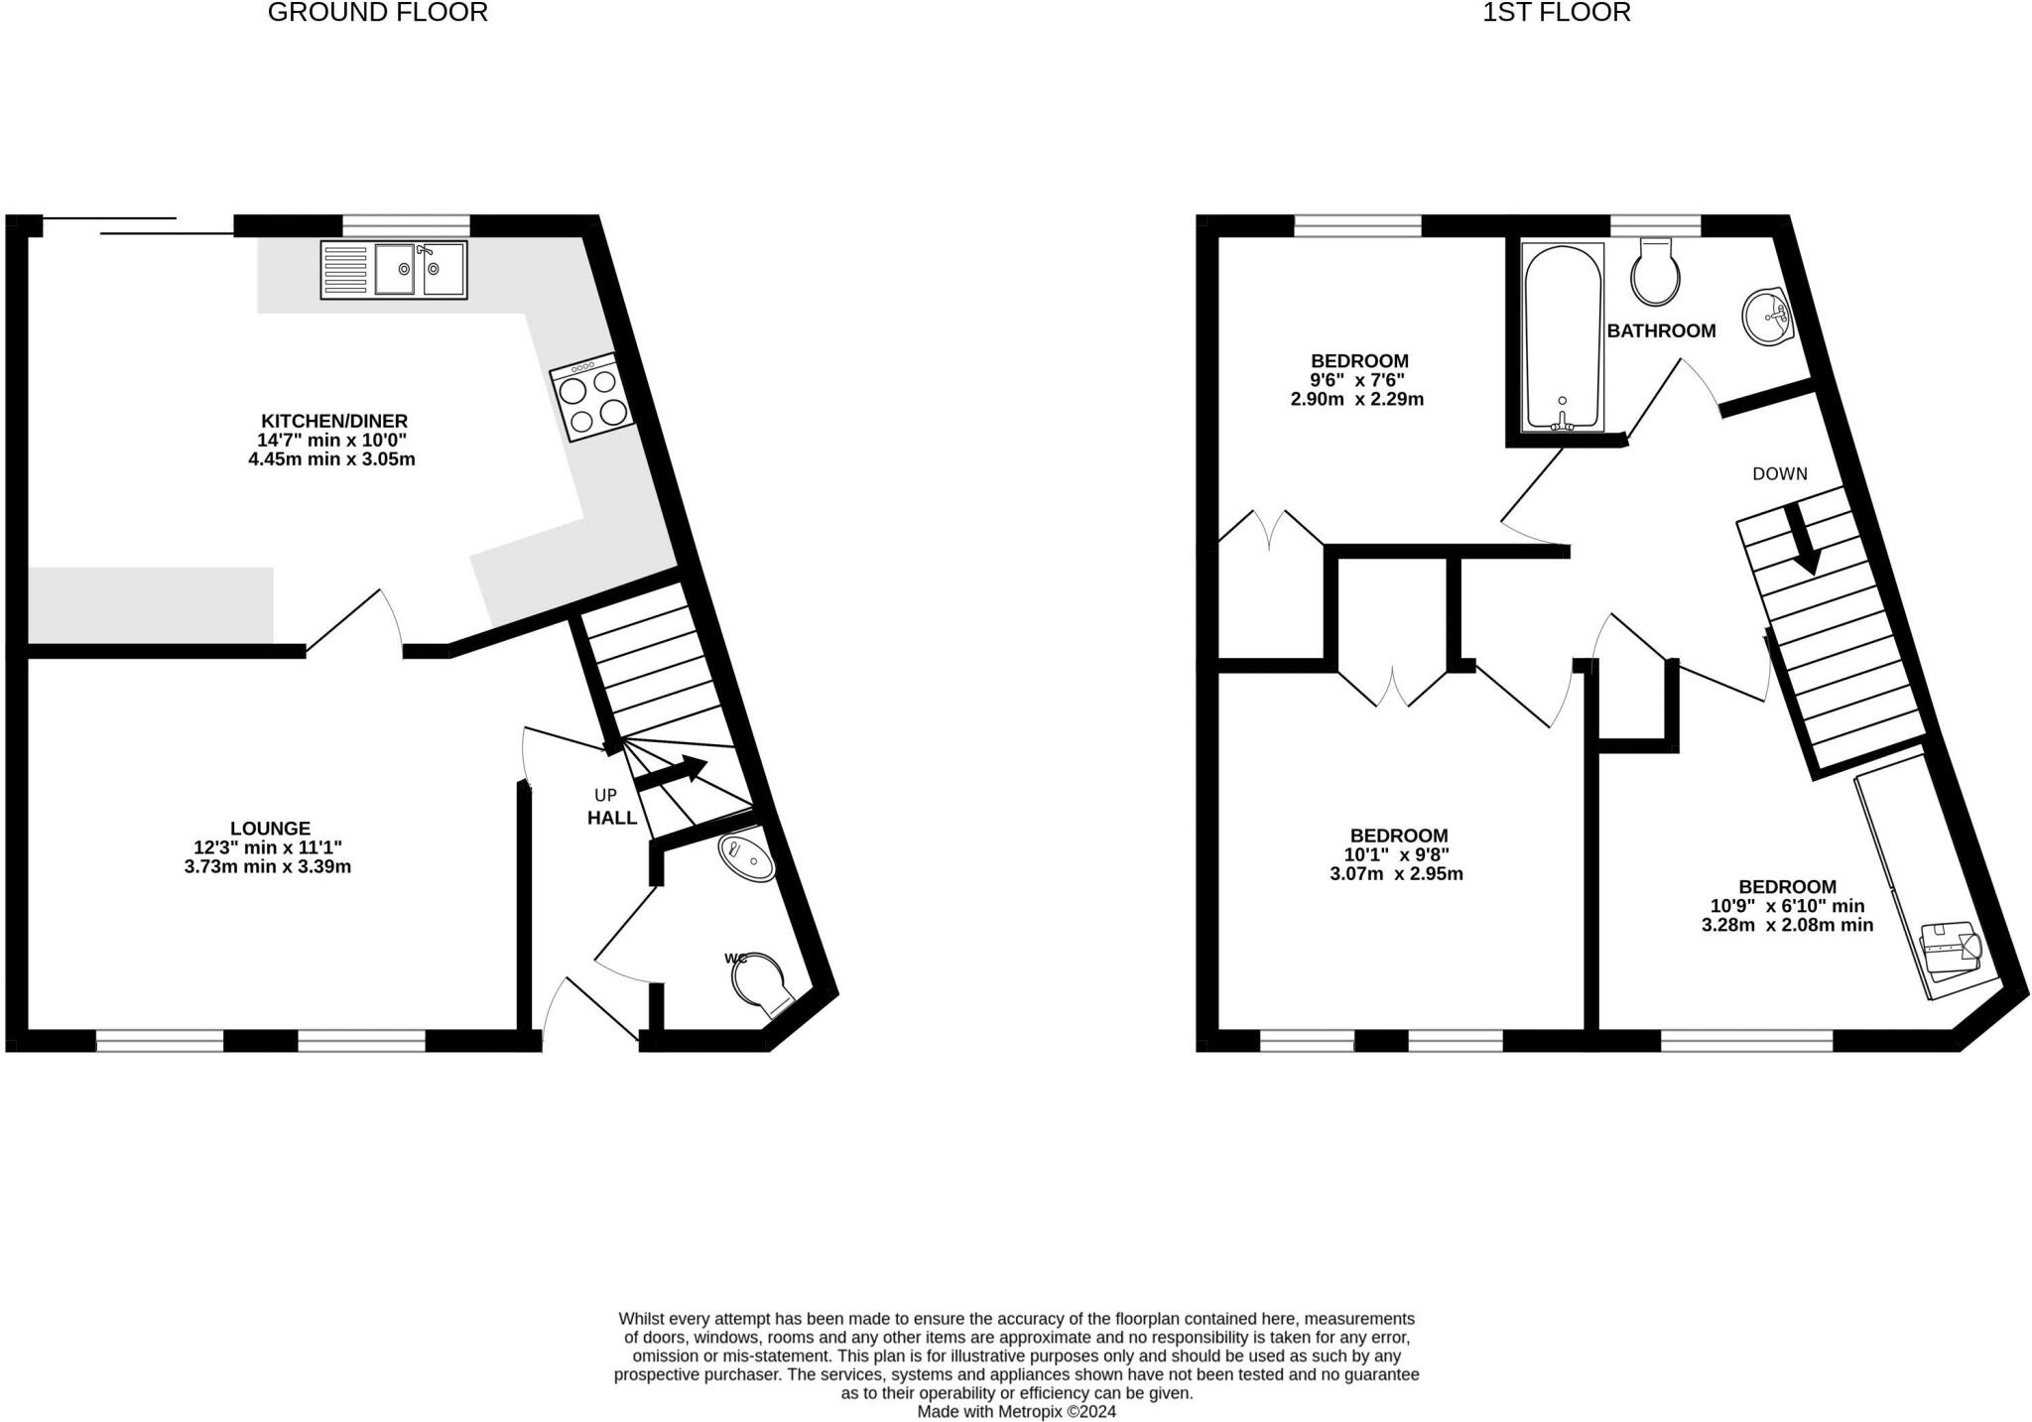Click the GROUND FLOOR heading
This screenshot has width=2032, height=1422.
tap(377, 13)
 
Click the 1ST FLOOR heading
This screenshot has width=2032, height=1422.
tap(1556, 13)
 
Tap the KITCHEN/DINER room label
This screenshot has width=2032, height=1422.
tap(333, 421)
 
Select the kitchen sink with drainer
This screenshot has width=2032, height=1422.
tap(393, 270)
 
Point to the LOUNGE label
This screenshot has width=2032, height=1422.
tap(270, 828)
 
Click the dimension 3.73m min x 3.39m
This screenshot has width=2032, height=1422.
tap(268, 866)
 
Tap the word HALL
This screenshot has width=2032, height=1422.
tap(612, 818)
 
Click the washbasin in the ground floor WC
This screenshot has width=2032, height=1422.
tap(747, 857)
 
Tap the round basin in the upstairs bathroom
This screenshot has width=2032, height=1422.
tap(1767, 317)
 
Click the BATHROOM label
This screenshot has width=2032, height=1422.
tap(1661, 331)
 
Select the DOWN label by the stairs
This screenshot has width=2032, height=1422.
tap(1779, 474)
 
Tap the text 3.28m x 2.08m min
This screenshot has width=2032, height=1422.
tap(1786, 925)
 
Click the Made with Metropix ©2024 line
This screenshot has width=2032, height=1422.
tap(1016, 1411)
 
